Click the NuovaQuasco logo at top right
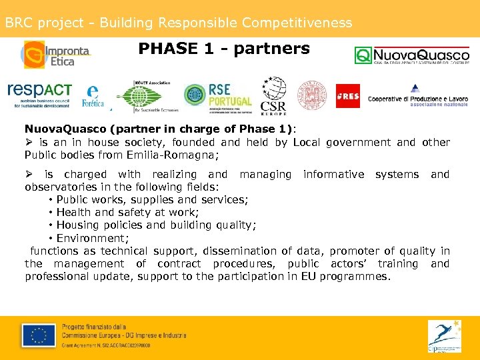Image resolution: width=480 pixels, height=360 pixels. point(411,55)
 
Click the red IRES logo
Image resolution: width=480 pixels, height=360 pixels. point(347,96)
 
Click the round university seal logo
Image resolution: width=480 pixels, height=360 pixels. point(311,95)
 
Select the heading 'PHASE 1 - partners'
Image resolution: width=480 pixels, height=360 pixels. point(224,49)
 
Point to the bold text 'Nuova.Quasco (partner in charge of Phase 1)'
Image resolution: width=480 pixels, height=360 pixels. point(160,129)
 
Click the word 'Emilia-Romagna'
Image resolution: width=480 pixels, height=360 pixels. point(177,155)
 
